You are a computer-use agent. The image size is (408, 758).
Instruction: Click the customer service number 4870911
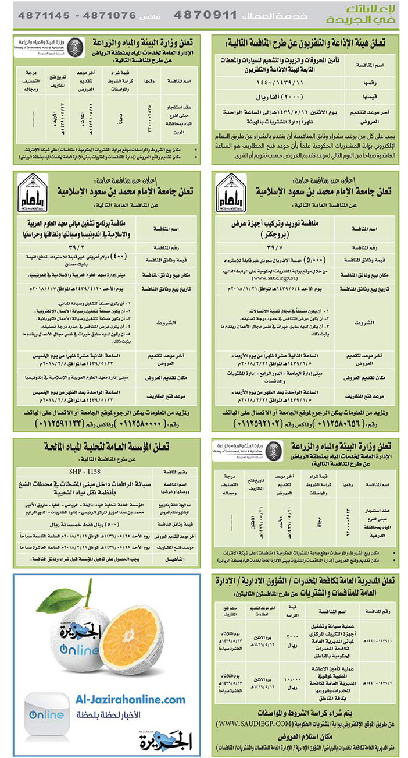tap(206, 15)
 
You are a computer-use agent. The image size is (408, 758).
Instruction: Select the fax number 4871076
tap(102, 16)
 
